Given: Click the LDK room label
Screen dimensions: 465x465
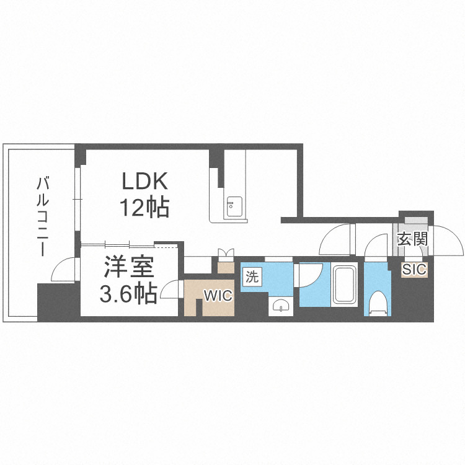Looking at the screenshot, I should point(144,181).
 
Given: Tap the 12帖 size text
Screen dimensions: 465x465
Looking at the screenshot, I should point(144,208).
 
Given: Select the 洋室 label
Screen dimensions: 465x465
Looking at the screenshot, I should point(129,268).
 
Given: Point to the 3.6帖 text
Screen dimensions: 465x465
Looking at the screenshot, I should point(128,293).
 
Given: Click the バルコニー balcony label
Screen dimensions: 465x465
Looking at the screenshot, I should point(43,217).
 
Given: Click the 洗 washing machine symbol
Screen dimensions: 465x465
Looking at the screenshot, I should point(252,277).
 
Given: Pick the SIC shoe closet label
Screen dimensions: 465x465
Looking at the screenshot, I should point(414,270).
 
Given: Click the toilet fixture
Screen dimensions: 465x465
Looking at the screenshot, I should point(378,303).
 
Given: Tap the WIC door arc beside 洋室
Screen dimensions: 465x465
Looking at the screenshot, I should point(170,290).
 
